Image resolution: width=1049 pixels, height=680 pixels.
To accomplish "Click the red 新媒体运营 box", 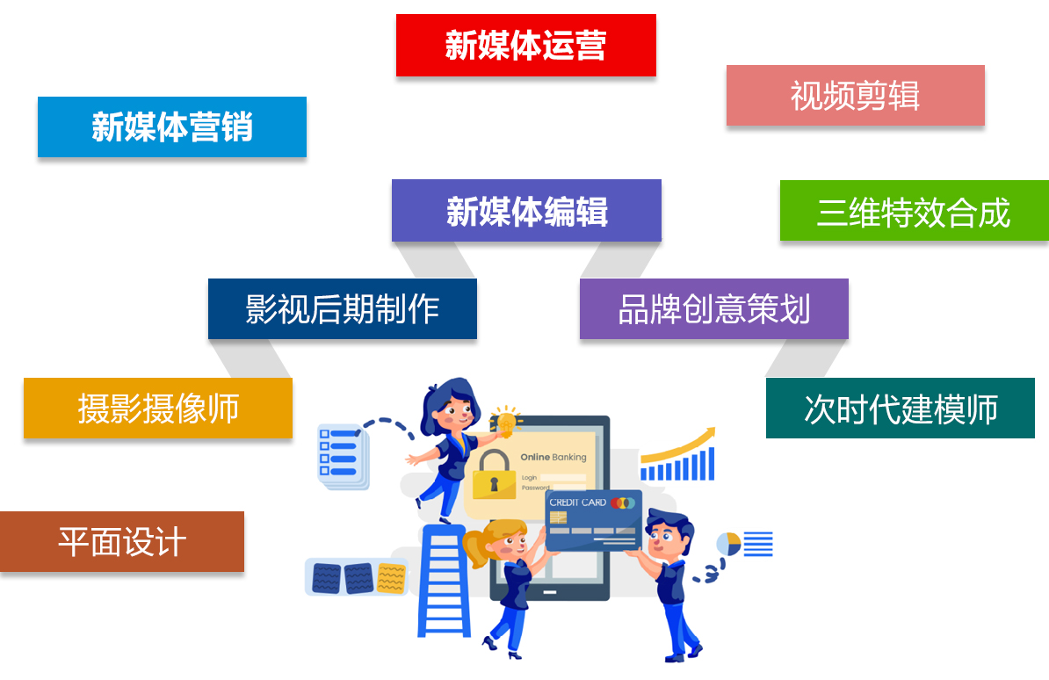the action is [526, 45].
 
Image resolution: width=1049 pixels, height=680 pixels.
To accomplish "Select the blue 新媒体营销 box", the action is [172, 127].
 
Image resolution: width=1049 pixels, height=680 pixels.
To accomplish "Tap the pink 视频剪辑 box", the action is [856, 95].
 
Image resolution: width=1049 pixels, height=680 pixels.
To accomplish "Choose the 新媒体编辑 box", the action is [526, 210].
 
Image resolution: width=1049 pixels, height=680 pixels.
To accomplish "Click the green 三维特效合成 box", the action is [915, 210].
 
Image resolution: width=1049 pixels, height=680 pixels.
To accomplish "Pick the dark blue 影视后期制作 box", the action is [343, 308].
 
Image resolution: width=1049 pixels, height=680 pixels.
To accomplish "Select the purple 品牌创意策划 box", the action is [713, 308].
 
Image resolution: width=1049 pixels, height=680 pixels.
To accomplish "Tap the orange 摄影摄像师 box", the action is [158, 409].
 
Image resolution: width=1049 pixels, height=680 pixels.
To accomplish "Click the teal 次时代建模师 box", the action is [901, 409].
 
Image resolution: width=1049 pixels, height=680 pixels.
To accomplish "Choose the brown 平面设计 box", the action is [122, 541].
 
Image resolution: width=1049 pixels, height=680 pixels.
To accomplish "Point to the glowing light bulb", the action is [506, 422].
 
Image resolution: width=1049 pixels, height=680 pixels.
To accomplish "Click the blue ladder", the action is [444, 581].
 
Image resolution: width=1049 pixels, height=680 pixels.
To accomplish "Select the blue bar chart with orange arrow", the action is [677, 454].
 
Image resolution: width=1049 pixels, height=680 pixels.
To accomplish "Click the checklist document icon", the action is [343, 457].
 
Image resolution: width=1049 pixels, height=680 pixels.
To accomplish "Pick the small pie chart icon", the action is [727, 544].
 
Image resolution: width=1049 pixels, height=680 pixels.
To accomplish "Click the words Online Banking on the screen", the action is [553, 457].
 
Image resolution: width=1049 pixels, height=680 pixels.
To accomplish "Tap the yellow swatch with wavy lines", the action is [391, 578].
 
